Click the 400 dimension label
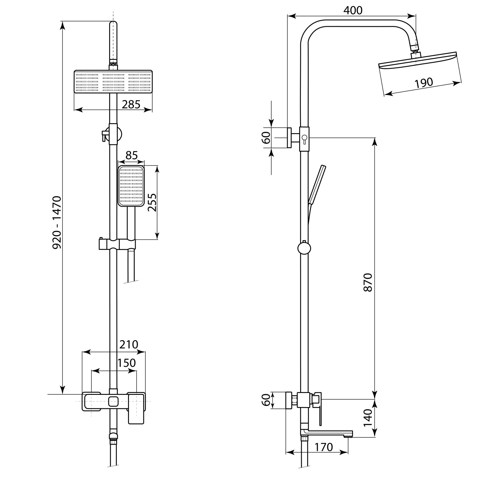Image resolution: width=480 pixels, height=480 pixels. coord(353,10)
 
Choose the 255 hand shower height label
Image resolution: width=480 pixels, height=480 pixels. coord(153,202)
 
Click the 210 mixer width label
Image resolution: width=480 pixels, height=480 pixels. coord(129,344)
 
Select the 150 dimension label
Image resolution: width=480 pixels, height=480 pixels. coord(126,363)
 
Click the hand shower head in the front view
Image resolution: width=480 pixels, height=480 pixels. coord(131,186)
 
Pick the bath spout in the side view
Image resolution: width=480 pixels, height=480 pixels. coord(326,434)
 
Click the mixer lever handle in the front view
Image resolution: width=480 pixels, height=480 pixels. coord(137,408)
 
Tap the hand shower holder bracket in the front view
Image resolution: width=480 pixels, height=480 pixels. coord(117,244)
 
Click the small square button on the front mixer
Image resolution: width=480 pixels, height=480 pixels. coord(113,401)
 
